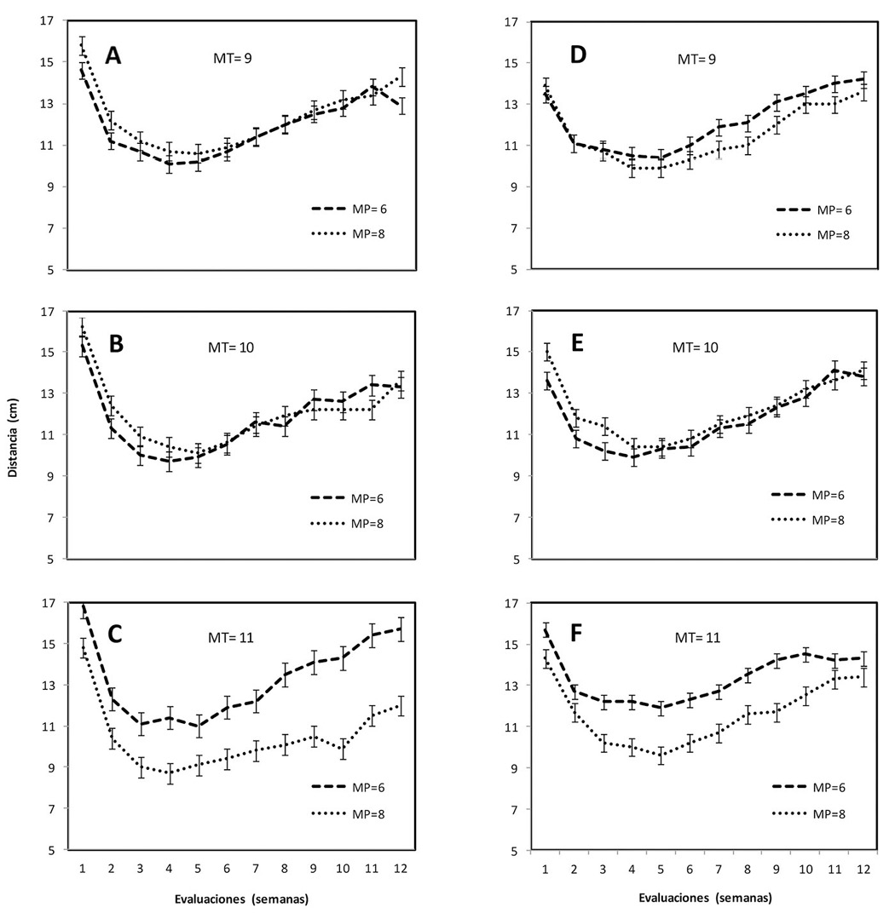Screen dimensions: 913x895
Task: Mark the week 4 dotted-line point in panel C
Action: [170, 773]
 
